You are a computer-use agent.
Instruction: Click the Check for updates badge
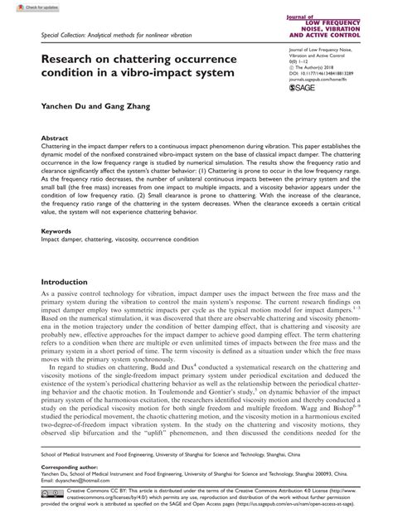tap(26, 7)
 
